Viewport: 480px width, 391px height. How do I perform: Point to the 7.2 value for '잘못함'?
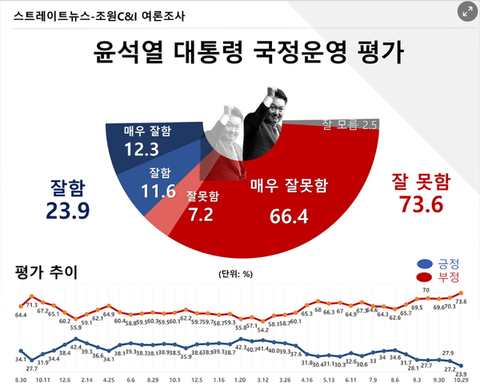tap(202, 214)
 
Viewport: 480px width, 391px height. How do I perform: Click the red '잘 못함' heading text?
tap(422, 179)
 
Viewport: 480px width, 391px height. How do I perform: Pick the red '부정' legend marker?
tap(425, 277)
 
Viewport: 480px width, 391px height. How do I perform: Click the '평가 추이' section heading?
tap(46, 272)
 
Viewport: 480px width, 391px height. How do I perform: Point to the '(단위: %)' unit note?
tap(235, 274)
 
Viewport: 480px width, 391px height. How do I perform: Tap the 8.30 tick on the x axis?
tap(21, 379)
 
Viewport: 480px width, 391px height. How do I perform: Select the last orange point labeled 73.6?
tap(462, 293)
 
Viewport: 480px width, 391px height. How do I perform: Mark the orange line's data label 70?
tap(426, 290)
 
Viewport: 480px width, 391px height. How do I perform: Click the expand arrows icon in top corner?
tap(465, 12)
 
